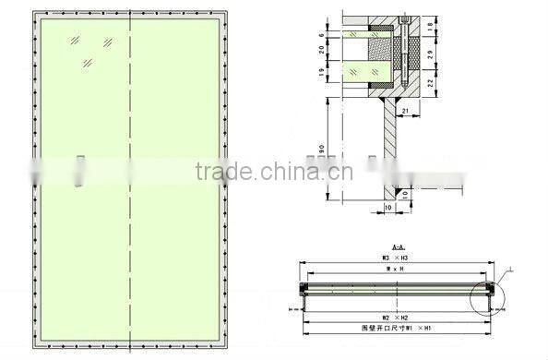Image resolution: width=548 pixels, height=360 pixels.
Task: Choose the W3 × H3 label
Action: (x=397, y=258)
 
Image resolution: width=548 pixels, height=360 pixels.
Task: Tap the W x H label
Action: (x=397, y=270)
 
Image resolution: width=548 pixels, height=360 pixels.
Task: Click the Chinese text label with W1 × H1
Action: (x=399, y=328)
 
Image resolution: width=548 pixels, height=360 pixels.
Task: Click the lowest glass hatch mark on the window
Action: (x=88, y=63)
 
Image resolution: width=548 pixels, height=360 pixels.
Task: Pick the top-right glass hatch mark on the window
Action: (x=109, y=42)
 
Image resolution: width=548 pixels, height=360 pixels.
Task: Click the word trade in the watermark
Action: (x=216, y=171)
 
